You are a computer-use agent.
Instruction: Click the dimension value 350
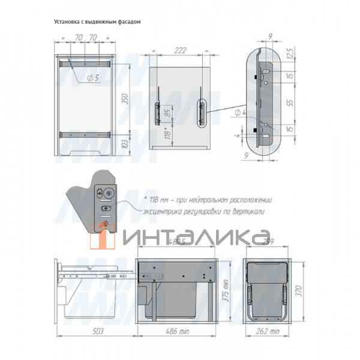pos(125,100)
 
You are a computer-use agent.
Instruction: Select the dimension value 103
pos(125,144)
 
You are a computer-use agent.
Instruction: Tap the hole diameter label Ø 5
pos(92,78)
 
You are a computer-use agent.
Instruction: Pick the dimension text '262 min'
pos(267,331)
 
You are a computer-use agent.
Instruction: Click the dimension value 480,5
pos(175,243)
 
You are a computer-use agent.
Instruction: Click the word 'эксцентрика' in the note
pos(166,212)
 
